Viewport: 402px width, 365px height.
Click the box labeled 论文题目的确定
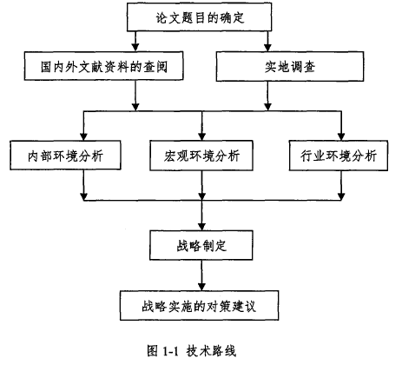tap(199, 17)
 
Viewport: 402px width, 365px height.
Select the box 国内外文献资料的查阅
tap(103, 66)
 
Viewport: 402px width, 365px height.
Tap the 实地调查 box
tap(290, 66)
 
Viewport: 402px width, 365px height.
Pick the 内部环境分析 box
tap(65, 156)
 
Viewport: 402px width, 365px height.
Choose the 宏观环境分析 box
tap(201, 156)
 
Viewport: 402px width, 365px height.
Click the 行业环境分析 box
tap(339, 156)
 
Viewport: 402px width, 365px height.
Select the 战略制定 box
tap(201, 245)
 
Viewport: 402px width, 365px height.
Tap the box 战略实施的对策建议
tap(199, 306)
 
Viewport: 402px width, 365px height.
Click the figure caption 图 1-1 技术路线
tap(191, 351)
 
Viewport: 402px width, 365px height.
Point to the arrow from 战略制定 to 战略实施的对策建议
tap(201, 275)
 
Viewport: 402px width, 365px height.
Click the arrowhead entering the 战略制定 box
tap(201, 227)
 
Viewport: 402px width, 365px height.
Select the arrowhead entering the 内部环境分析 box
tap(83, 137)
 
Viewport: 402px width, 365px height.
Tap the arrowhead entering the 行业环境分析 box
tap(341, 137)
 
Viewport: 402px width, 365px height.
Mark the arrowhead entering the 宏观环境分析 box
tap(202, 137)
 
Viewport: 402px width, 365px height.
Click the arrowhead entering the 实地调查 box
tap(267, 48)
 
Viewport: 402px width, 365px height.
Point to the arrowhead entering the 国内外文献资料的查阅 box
tap(135, 48)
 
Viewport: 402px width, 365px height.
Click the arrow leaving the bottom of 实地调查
tap(267, 96)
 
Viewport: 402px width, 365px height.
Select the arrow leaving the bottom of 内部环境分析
tap(83, 185)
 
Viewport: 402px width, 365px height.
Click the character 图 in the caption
tap(152, 351)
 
